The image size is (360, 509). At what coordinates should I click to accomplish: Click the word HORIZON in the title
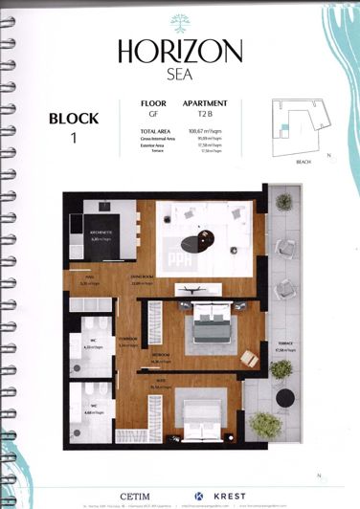pyautogui.click(x=180, y=51)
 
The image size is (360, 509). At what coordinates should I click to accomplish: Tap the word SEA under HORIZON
pyautogui.click(x=180, y=73)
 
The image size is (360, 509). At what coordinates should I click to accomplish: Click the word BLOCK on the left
pyautogui.click(x=72, y=120)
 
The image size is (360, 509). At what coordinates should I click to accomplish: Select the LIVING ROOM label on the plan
pyautogui.click(x=144, y=281)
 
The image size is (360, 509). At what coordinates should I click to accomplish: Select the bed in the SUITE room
pyautogui.click(x=206, y=413)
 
